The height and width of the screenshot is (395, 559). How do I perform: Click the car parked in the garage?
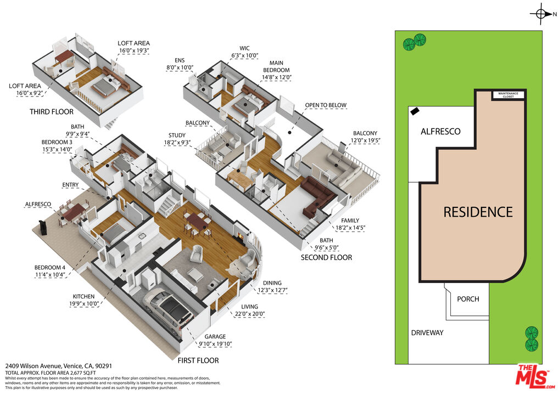(x=168, y=309)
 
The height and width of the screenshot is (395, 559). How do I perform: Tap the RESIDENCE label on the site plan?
(x=478, y=212)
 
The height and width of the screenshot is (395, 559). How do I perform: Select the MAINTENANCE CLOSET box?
(x=508, y=95)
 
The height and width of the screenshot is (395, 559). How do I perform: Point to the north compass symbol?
(x=541, y=14)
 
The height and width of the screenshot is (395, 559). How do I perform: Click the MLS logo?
(x=535, y=376)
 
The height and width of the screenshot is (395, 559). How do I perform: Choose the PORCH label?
(x=468, y=299)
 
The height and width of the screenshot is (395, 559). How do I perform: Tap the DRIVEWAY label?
(x=427, y=332)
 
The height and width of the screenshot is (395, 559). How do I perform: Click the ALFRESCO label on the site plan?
(x=440, y=132)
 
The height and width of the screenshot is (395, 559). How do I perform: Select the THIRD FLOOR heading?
(x=52, y=112)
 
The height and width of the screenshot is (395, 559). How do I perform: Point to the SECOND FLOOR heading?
(x=326, y=257)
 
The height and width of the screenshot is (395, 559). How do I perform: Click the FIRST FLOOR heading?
(x=198, y=360)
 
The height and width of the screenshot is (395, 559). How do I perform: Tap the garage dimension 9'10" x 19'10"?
(x=215, y=344)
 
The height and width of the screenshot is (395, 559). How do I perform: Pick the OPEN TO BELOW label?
(x=326, y=105)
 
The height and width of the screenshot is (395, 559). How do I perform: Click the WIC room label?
(x=244, y=48)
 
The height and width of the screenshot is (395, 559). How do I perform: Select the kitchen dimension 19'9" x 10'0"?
(x=84, y=304)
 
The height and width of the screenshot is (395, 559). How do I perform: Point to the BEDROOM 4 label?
(x=50, y=268)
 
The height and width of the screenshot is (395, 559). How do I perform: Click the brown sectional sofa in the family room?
(x=317, y=195)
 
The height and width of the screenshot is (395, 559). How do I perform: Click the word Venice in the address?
(x=72, y=366)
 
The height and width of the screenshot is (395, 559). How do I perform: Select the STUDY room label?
(x=177, y=136)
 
